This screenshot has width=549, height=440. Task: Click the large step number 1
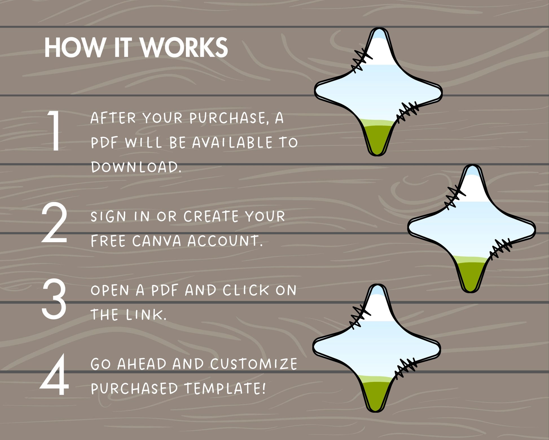54,130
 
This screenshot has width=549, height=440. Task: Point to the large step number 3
54,299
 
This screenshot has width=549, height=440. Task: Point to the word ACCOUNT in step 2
225,241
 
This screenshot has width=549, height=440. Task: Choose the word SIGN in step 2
108,216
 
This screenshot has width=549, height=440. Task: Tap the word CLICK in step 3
246,290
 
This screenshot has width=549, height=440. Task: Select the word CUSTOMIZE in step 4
254,364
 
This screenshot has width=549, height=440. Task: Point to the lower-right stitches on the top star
407,112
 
